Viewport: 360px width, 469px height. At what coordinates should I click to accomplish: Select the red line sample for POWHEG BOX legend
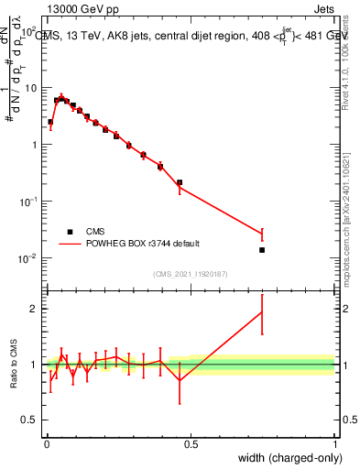(70, 244)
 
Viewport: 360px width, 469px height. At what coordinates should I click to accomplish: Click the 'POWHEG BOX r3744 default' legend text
(142, 244)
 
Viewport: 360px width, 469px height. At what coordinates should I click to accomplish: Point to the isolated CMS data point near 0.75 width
(262, 250)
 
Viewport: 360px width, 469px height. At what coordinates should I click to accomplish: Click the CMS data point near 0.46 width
(180, 182)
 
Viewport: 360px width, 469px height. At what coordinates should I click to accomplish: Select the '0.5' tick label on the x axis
(190, 444)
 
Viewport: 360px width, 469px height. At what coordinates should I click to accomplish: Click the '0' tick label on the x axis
(46, 444)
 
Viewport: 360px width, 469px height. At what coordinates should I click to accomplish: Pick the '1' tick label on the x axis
(334, 444)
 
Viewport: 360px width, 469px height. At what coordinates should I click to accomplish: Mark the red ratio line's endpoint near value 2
(262, 311)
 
